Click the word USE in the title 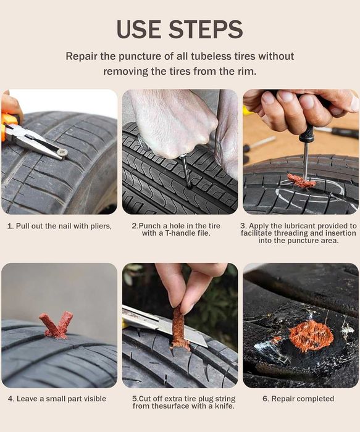[x=140, y=29]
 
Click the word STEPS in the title [x=206, y=29]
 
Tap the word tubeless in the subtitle [x=223, y=56]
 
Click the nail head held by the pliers [x=63, y=152]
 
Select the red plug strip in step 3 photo [x=301, y=181]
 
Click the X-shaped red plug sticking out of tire [x=57, y=325]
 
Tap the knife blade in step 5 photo [x=165, y=326]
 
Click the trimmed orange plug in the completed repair [x=311, y=336]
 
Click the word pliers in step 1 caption [x=101, y=226]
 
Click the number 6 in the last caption [x=265, y=399]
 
